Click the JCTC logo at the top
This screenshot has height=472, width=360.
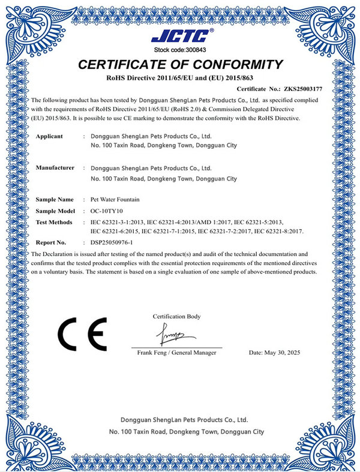(x=180, y=35)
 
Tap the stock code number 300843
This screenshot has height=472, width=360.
(x=193, y=50)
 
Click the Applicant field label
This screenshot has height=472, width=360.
(x=49, y=136)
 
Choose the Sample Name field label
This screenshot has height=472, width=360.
(x=55, y=199)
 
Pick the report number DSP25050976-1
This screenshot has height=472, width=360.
(x=116, y=243)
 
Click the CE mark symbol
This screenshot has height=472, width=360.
(x=82, y=333)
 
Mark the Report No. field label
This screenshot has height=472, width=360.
(x=51, y=243)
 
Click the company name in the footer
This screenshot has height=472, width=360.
(x=184, y=420)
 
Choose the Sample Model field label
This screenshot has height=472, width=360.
(x=55, y=211)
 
